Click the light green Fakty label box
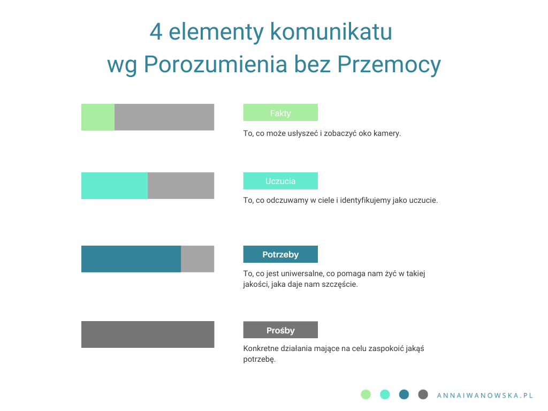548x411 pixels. click(280, 112)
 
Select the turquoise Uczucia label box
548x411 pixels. click(280, 181)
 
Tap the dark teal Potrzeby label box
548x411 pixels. click(280, 254)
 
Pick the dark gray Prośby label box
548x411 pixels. click(280, 330)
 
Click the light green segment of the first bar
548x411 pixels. click(98, 117)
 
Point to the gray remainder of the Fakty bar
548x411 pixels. click(164, 117)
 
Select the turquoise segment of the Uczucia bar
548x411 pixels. click(115, 186)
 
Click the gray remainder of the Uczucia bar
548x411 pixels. click(181, 186)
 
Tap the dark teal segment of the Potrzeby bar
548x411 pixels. click(131, 259)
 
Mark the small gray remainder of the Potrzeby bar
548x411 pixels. click(197, 259)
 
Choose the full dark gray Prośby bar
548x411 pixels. click(148, 334)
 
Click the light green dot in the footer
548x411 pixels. click(366, 394)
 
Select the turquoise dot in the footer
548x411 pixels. click(385, 394)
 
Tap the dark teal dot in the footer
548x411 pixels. click(404, 394)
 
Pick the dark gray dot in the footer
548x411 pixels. click(423, 394)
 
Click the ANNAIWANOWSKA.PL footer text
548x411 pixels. click(485, 395)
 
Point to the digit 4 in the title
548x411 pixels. click(156, 32)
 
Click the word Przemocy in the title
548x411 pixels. click(389, 65)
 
